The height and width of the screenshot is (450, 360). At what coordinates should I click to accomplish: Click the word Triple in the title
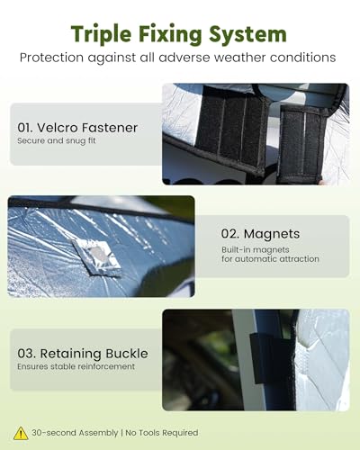[101, 34]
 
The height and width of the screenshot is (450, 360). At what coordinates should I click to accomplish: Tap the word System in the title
[247, 34]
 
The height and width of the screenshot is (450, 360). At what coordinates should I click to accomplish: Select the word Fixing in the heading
[170, 34]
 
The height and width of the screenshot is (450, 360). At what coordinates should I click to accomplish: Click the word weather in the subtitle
[239, 58]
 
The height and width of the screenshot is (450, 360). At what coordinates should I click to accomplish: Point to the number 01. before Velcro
[25, 128]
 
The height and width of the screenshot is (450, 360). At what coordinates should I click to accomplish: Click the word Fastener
[110, 128]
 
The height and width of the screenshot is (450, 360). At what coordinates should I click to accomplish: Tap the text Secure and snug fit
[57, 140]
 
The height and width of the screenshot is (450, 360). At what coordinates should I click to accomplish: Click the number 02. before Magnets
[230, 234]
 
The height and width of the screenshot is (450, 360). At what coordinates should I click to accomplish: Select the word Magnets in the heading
[272, 234]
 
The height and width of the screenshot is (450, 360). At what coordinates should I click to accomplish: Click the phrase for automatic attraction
[270, 259]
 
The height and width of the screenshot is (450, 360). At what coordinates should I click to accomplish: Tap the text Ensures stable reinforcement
[76, 366]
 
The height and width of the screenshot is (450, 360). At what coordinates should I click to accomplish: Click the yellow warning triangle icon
[21, 434]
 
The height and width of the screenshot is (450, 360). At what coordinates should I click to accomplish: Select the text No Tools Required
[162, 433]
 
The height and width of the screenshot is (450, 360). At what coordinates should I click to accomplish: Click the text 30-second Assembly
[75, 433]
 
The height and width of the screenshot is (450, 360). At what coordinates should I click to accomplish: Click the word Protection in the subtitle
[51, 58]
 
